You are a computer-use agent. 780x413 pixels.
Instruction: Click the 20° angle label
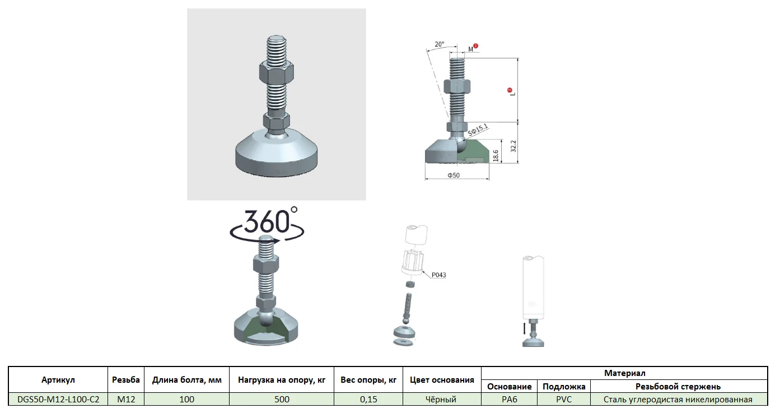[440, 44]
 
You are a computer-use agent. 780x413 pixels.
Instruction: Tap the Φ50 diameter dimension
[454, 175]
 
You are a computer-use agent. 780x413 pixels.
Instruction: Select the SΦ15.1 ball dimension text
[478, 130]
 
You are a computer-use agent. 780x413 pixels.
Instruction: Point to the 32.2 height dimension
[513, 146]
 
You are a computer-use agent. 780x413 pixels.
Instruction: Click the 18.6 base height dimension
[496, 155]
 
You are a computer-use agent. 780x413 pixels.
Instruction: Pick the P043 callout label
[439, 275]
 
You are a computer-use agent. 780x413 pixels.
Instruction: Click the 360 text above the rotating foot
[267, 222]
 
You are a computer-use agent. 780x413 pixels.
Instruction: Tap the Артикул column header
[58, 380]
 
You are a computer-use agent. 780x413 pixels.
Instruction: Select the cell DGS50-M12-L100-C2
[58, 400]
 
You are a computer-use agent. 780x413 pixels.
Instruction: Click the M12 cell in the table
[126, 400]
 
